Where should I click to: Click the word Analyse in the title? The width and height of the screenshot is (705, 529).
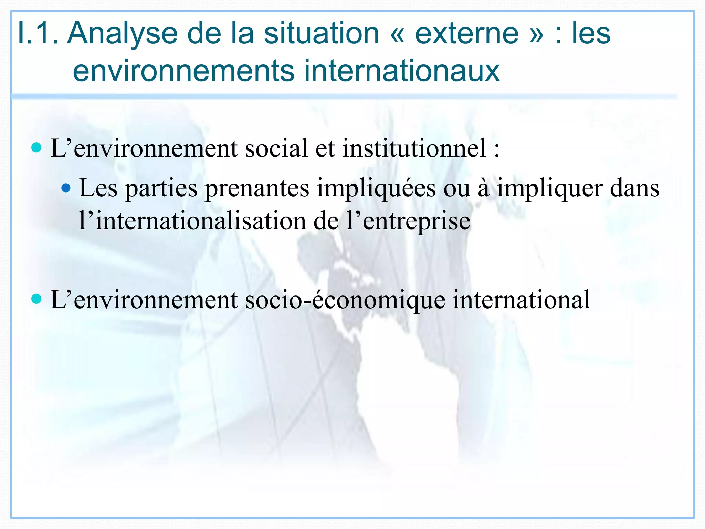click(122, 33)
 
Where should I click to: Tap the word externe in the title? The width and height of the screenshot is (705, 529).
click(467, 33)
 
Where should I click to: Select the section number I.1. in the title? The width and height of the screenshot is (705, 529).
click(38, 33)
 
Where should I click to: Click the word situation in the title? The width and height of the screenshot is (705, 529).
click(322, 33)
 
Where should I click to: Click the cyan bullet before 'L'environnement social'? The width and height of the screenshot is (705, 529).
click(36, 148)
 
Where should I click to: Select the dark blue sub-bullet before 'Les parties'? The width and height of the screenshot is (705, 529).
click(66, 188)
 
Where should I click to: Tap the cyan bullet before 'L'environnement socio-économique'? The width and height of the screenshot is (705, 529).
click(36, 299)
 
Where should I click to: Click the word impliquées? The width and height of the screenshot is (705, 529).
click(376, 188)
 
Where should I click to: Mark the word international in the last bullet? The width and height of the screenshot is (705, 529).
click(521, 299)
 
